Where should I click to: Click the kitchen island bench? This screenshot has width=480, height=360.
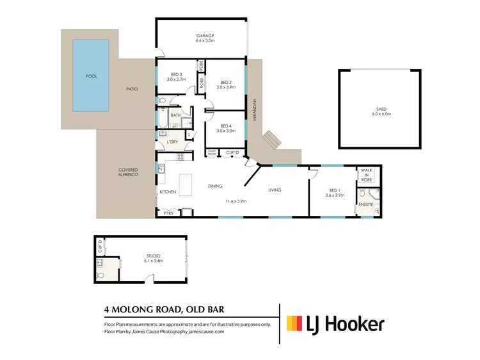(187, 185)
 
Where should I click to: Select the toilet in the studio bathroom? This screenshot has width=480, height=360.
(100, 275)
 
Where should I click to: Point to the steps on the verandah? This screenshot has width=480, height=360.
(271, 138)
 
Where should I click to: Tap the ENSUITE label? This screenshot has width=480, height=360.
(365, 204)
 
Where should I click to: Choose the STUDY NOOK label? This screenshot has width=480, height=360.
(212, 152)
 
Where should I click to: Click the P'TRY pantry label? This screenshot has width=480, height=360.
(168, 213)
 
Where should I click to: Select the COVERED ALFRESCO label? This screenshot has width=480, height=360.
(129, 173)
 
